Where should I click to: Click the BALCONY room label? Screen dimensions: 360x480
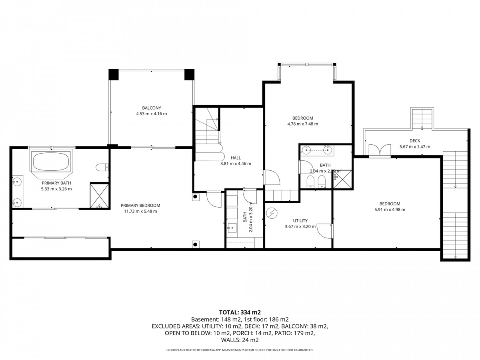[151, 108]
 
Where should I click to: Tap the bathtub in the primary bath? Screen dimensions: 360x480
[50, 162]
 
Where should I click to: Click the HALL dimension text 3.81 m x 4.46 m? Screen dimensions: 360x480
[235, 164]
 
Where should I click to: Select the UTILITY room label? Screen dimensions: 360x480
[300, 221]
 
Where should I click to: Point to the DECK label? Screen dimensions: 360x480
[414, 141]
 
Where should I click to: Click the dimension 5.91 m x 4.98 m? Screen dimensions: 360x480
[390, 210]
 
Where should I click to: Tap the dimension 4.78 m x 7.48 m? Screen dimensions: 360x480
[302, 124]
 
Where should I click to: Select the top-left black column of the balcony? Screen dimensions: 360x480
[114, 75]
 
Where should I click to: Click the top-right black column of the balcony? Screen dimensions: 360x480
[189, 75]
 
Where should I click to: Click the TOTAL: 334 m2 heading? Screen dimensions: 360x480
[240, 312]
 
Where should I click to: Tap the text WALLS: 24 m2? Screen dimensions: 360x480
[240, 340]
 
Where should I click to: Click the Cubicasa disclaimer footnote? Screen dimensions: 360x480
[240, 350]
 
